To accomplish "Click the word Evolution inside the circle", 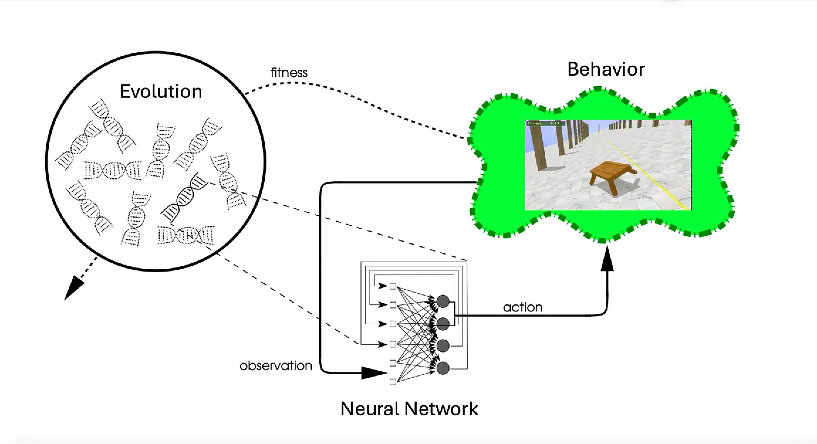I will coord(161,91).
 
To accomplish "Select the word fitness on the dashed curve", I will coord(288,73).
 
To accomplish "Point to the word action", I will coord(523,307).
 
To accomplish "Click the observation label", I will coord(276,366).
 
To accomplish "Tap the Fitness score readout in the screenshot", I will coord(546,123).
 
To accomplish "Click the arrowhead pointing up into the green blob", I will coord(607,260).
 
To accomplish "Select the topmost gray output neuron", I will coord(443,301).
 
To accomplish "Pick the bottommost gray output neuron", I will coord(443,368).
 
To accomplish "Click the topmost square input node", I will coord(393,286).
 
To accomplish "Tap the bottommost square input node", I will coord(393,382).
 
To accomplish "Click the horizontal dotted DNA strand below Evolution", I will coord(113,170).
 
